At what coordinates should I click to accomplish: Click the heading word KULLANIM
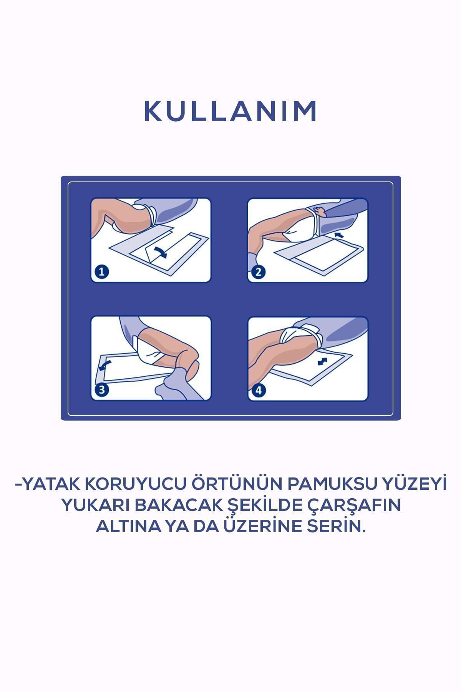pyautogui.click(x=230, y=111)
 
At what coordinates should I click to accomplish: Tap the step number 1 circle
pyautogui.click(x=101, y=272)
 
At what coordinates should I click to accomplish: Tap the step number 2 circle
pyautogui.click(x=258, y=272)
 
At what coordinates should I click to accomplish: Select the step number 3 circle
pyautogui.click(x=101, y=390)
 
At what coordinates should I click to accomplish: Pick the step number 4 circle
pyautogui.click(x=258, y=391)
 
